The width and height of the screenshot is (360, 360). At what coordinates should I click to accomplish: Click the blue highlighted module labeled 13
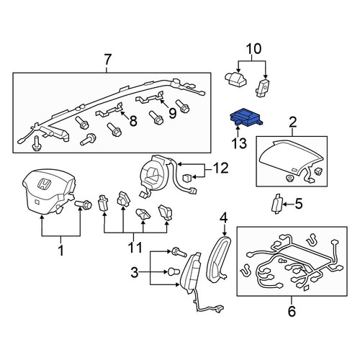point(246,118)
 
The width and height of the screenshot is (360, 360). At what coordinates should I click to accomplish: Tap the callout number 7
point(107,60)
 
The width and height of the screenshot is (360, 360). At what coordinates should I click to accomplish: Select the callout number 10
point(253,49)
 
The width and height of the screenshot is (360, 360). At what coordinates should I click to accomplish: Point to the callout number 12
point(220,168)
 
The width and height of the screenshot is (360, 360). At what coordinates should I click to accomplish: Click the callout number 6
point(292,311)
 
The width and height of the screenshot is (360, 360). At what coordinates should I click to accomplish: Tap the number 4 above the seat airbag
point(223,218)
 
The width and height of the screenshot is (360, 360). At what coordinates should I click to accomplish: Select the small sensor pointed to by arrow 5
point(276,204)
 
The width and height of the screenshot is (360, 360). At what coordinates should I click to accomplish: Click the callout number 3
point(135,272)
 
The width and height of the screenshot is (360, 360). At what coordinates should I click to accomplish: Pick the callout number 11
point(135,247)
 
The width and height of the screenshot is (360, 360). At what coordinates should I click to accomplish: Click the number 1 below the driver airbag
point(61,250)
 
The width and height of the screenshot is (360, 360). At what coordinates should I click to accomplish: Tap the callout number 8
point(132,120)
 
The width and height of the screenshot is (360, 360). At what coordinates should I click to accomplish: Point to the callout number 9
point(172,113)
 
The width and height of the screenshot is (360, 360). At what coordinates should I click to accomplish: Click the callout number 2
point(292,122)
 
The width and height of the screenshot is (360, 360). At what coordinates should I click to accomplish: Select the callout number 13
point(239,143)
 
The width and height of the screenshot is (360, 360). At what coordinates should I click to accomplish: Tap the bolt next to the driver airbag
point(84,204)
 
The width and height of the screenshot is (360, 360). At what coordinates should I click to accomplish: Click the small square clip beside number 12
point(188,178)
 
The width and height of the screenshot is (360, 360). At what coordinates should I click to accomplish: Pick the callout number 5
point(298,204)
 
